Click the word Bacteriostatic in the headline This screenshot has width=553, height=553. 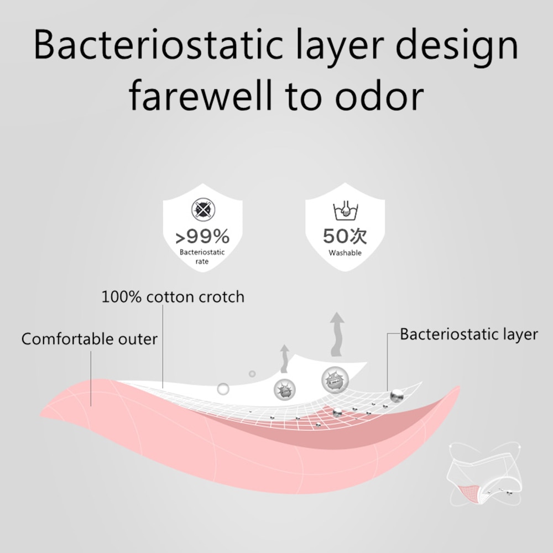click(158, 45)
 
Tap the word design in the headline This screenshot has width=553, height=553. click(457, 47)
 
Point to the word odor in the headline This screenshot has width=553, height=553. click(379, 95)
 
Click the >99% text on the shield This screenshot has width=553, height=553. click(202, 236)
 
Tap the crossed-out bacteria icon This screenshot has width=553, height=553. click(203, 210)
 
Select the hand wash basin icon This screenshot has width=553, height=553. click(345, 211)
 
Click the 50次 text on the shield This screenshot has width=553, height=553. click(345, 236)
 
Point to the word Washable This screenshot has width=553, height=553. click(345, 253)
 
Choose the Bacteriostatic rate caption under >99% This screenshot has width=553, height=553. click(202, 257)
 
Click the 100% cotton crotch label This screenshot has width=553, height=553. click(173, 297)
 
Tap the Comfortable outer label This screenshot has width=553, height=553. click(89, 339)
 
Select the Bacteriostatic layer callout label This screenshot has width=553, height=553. click(469, 335)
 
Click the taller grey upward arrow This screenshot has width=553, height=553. click(337, 335)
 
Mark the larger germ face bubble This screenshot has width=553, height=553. click(335, 380)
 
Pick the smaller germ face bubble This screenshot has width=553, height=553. click(285, 390)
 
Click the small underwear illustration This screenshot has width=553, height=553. click(484, 474)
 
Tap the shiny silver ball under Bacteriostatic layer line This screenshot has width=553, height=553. click(397, 395)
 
